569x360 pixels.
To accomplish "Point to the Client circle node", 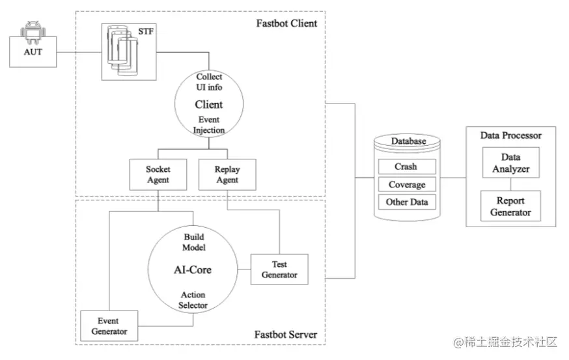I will (x=209, y=104).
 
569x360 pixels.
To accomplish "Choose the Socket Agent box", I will (x=158, y=174).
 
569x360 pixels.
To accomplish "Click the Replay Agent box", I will (x=227, y=174).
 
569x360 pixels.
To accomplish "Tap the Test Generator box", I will (x=279, y=270).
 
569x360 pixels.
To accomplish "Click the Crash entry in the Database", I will (x=406, y=167).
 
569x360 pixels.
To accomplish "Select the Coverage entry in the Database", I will (x=406, y=185).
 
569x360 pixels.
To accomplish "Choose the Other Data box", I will (x=406, y=202).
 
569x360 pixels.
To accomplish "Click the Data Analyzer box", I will (x=510, y=163).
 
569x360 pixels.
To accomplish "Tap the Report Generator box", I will (x=510, y=206).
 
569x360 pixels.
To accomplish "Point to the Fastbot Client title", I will (x=286, y=24).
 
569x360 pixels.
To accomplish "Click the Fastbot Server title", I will (x=286, y=335).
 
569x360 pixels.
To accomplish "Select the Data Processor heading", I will (x=510, y=135).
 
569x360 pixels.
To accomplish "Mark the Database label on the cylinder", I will (x=408, y=141).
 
